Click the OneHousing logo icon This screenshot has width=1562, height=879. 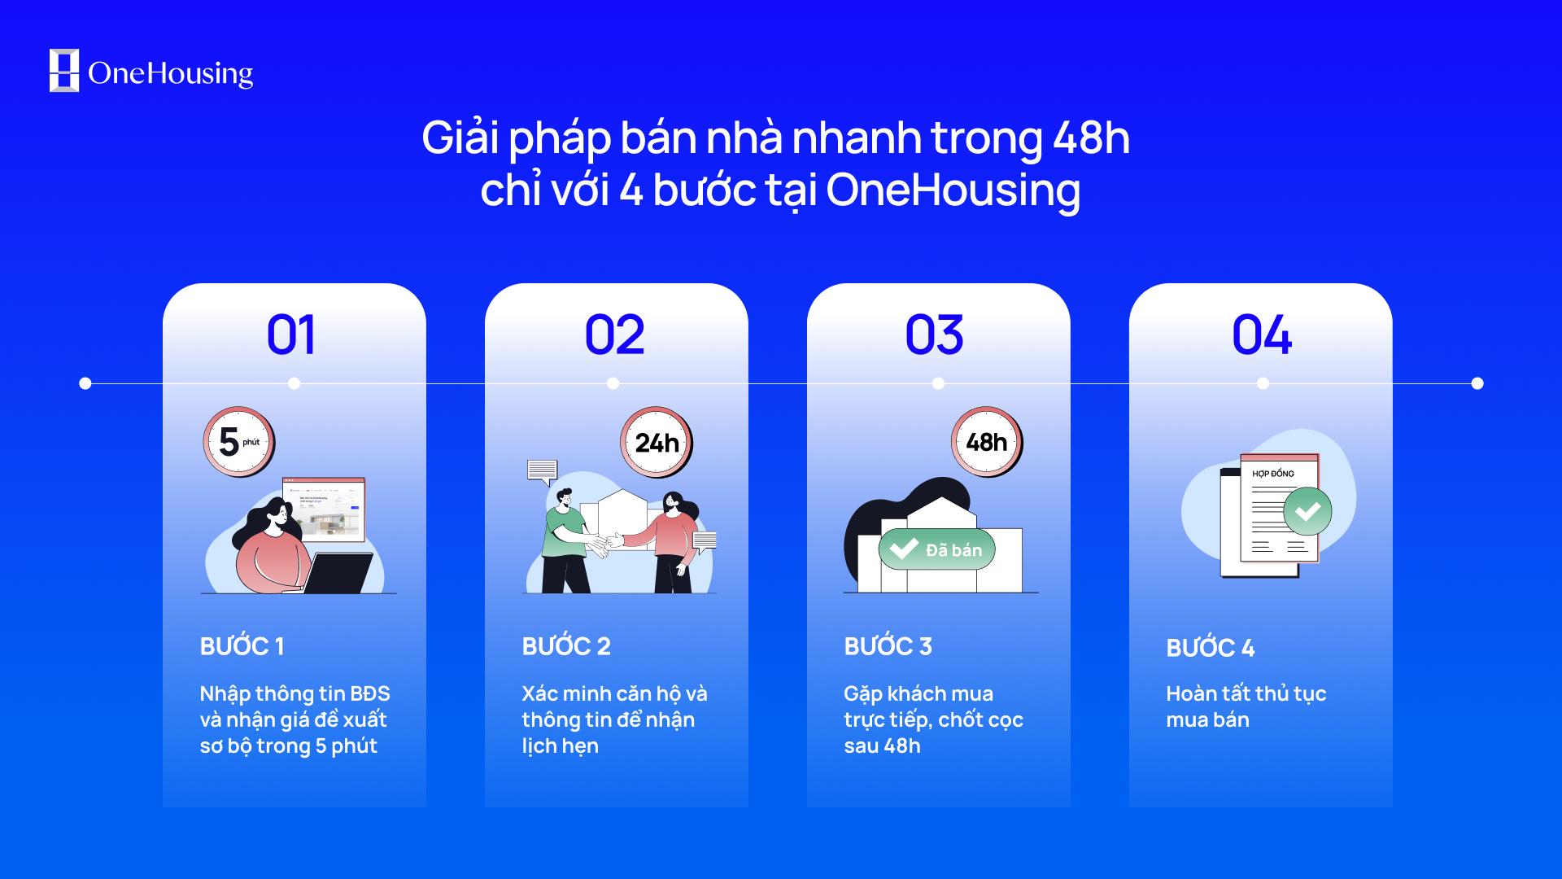64,71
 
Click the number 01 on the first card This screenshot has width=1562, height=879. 291,335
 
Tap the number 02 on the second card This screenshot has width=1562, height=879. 614,335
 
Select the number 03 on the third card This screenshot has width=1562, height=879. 935,335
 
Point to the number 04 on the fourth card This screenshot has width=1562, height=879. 1262,335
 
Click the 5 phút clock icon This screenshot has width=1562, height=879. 239,442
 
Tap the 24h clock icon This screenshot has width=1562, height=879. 657,442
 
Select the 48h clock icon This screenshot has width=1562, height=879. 987,442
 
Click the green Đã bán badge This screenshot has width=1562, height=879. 937,549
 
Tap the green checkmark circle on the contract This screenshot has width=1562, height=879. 1307,511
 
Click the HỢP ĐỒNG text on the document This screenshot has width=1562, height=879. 1272,473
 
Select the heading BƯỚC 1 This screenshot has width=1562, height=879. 242,646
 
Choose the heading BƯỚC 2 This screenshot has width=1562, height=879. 566,646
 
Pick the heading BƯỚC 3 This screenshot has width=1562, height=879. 888,646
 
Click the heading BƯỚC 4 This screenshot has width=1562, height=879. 1210,648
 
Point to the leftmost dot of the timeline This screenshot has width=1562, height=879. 85,383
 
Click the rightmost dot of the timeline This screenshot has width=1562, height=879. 1477,383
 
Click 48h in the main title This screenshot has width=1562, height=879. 1091,138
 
